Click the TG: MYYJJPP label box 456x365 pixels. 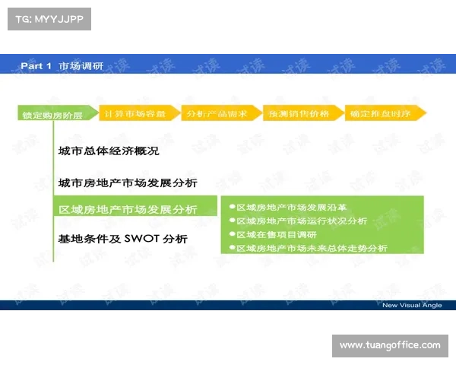click(x=48, y=19)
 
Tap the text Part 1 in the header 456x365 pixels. click(x=36, y=66)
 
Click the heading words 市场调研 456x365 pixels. click(x=81, y=66)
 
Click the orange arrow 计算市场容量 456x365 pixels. click(x=138, y=113)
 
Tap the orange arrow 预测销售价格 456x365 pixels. click(x=302, y=113)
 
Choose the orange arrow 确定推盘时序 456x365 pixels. click(x=385, y=113)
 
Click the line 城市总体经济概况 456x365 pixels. click(x=109, y=151)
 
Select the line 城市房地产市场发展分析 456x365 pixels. click(x=128, y=182)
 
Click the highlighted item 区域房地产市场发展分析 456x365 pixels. click(x=128, y=210)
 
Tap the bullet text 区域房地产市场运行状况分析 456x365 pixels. click(x=302, y=221)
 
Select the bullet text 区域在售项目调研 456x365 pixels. click(x=277, y=234)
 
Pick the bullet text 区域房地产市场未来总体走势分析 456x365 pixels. click(x=312, y=248)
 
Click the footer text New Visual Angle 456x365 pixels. click(x=411, y=305)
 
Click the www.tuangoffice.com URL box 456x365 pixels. click(x=389, y=346)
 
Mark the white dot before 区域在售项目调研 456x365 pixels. click(x=231, y=234)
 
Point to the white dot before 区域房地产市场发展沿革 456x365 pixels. click(x=231, y=207)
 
